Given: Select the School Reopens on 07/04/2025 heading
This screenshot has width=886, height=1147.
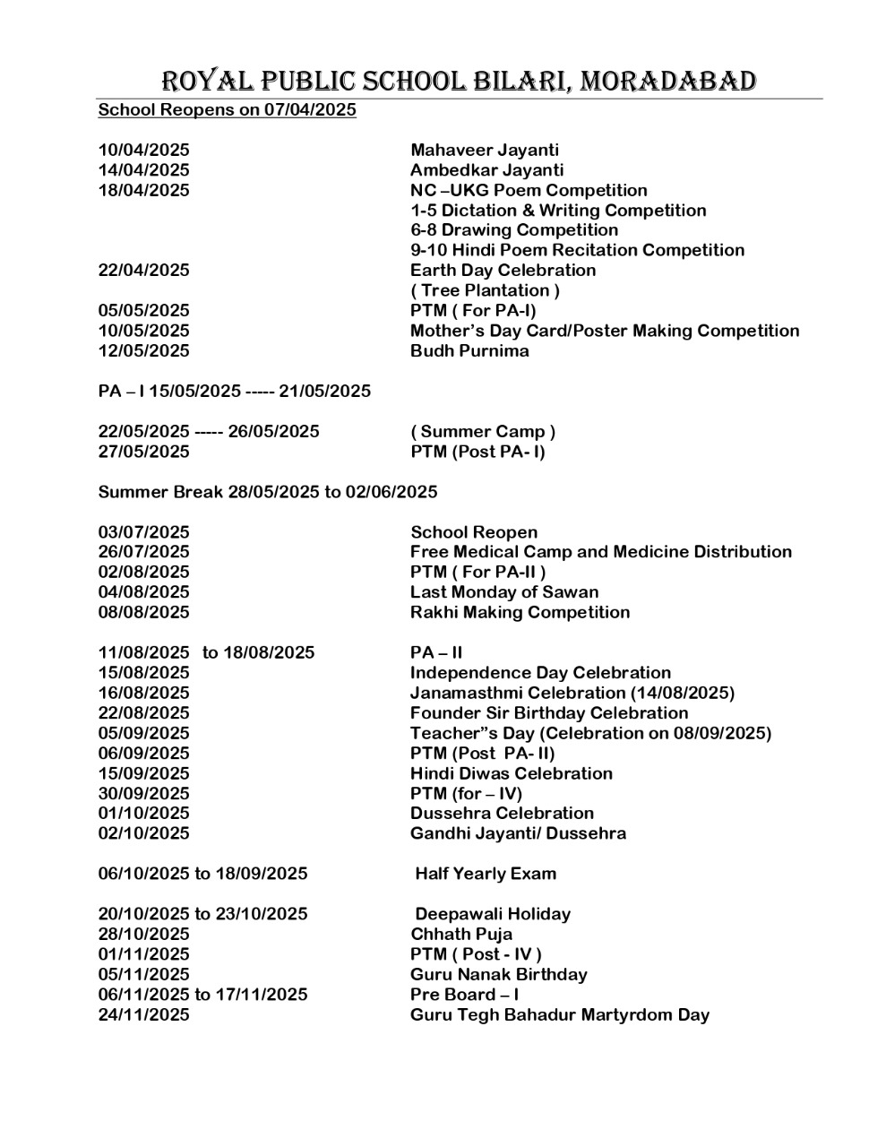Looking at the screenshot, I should (x=227, y=110).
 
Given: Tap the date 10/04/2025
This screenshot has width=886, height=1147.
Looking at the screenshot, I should (x=143, y=151).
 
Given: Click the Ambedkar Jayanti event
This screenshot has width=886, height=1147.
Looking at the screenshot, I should (x=486, y=170).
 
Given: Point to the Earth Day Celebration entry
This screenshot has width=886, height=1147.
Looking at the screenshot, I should (x=503, y=271).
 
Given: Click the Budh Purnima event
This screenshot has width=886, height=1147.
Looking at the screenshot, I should (x=469, y=351).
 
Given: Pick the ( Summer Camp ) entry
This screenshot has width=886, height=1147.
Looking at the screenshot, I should (x=483, y=432).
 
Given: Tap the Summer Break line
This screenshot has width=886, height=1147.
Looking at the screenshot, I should (x=268, y=492).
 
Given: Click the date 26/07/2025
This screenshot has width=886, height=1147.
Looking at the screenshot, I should (x=143, y=552).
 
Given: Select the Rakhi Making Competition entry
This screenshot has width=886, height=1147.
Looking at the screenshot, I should (x=520, y=613).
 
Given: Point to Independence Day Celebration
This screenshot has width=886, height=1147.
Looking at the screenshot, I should (x=540, y=673).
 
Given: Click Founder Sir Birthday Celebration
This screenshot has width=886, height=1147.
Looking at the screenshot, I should (x=549, y=713).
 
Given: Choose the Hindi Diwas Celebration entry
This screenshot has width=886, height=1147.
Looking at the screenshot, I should (x=512, y=773).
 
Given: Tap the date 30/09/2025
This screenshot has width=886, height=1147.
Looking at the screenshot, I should (x=143, y=794).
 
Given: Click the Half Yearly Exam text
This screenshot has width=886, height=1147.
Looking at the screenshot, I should (x=486, y=874).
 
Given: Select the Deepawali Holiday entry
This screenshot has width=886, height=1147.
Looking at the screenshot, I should (x=493, y=914).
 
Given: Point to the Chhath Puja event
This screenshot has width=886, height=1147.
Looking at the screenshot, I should (x=461, y=935).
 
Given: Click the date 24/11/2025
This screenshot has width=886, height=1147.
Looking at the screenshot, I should (x=143, y=1015).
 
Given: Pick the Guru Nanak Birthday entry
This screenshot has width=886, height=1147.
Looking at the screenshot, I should (x=499, y=975).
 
